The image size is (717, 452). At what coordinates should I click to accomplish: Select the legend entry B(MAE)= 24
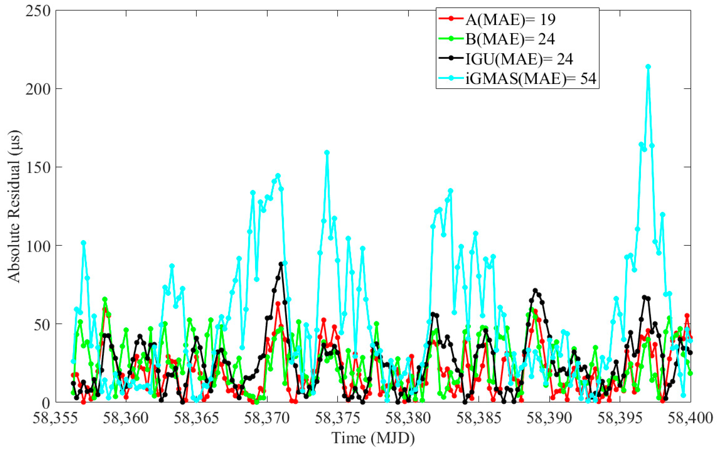(x=510, y=39)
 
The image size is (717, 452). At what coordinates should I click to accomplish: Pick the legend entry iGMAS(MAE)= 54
(x=531, y=79)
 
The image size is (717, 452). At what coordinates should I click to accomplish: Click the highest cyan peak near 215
(x=648, y=67)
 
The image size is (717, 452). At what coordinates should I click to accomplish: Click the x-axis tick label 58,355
(x=55, y=418)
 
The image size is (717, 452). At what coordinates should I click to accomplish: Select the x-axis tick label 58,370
(x=267, y=418)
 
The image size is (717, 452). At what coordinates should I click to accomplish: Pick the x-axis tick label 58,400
(x=690, y=418)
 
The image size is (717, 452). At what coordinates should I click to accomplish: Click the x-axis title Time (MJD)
(x=373, y=438)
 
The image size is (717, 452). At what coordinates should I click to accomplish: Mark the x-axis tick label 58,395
(x=620, y=418)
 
